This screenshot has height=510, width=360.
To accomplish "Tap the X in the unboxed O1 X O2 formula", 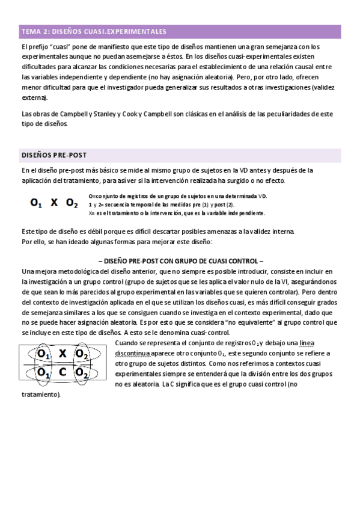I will [54, 203].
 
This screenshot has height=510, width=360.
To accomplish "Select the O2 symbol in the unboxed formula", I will [72, 203].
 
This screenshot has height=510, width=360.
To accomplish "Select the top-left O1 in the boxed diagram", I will [43, 355].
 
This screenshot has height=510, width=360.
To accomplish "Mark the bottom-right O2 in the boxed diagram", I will [82, 373].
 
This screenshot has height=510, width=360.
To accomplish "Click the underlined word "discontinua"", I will [138, 354].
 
